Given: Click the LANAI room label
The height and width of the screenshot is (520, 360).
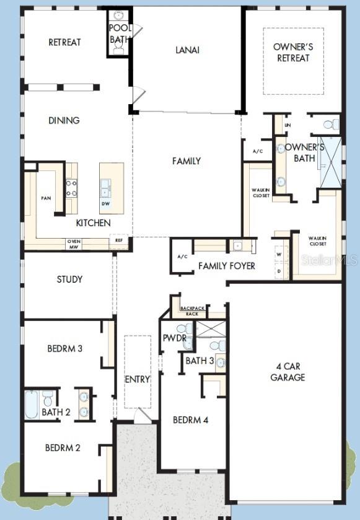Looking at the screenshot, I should tap(187, 50).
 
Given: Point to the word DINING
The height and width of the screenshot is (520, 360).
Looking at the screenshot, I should tap(64, 120).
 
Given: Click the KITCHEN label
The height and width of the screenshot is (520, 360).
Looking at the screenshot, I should tap(93, 223).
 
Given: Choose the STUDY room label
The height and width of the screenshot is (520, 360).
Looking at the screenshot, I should tap(69, 279).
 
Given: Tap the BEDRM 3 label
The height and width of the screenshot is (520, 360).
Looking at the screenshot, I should tap(64, 348).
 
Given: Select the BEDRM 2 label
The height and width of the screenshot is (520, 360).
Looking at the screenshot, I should tap(63, 447).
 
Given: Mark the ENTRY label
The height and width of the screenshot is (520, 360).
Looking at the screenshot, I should tap(137, 379).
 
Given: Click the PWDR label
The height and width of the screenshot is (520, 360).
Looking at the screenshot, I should tap(170, 339).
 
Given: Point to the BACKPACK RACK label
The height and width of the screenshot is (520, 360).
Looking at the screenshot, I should tap(192, 311).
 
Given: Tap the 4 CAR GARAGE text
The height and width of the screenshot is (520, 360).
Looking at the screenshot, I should tap(288, 372).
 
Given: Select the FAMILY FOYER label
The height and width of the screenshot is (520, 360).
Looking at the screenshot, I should tap(227, 266).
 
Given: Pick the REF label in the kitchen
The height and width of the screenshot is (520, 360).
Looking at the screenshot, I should tap(118, 239).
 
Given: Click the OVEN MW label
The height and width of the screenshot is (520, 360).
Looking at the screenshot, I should tap(74, 244).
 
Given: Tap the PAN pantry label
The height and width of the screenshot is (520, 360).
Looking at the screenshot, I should tap(45, 198).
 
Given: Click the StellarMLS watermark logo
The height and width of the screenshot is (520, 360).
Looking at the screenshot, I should tap(328, 260).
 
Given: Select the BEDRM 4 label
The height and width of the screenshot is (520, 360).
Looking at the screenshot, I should tap(190, 420).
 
